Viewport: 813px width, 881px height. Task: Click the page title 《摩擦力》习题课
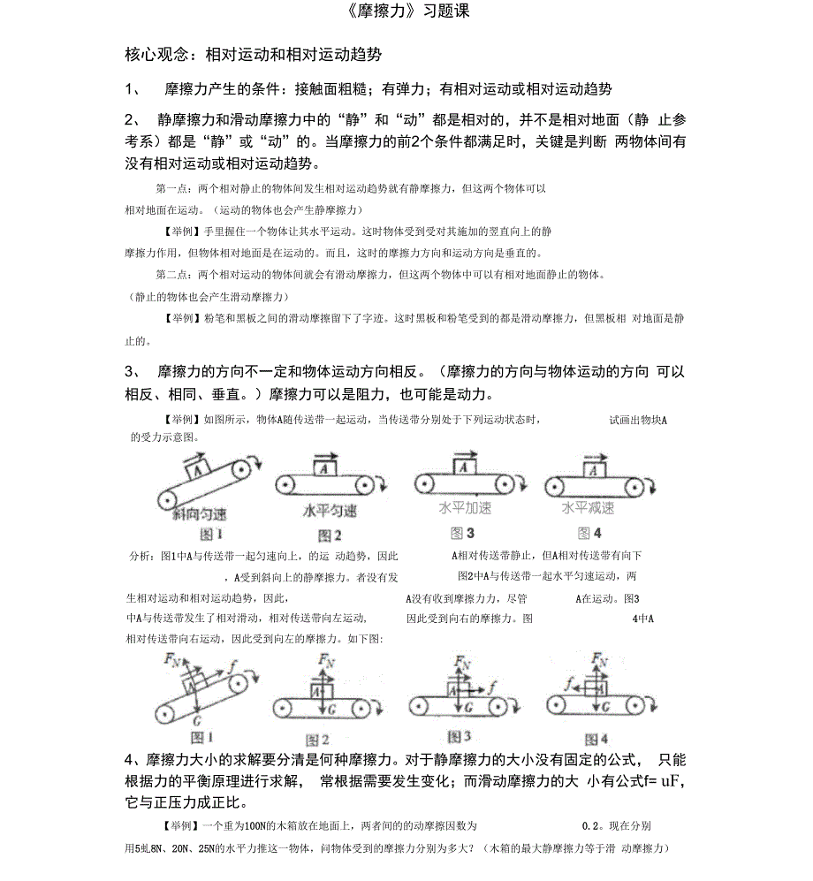click(x=406, y=12)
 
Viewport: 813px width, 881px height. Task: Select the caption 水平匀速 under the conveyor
click(x=330, y=511)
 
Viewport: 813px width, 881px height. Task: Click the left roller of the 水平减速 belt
click(x=555, y=484)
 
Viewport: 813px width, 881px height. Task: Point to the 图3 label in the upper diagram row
click(x=463, y=533)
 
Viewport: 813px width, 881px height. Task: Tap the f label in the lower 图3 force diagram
click(x=492, y=685)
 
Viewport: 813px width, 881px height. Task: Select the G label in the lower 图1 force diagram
click(x=196, y=721)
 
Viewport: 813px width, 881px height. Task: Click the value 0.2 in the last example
click(x=592, y=826)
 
